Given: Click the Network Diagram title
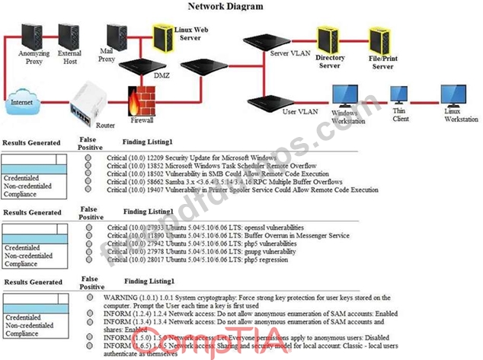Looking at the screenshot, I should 226,6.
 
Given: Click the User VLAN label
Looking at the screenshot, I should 299,111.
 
